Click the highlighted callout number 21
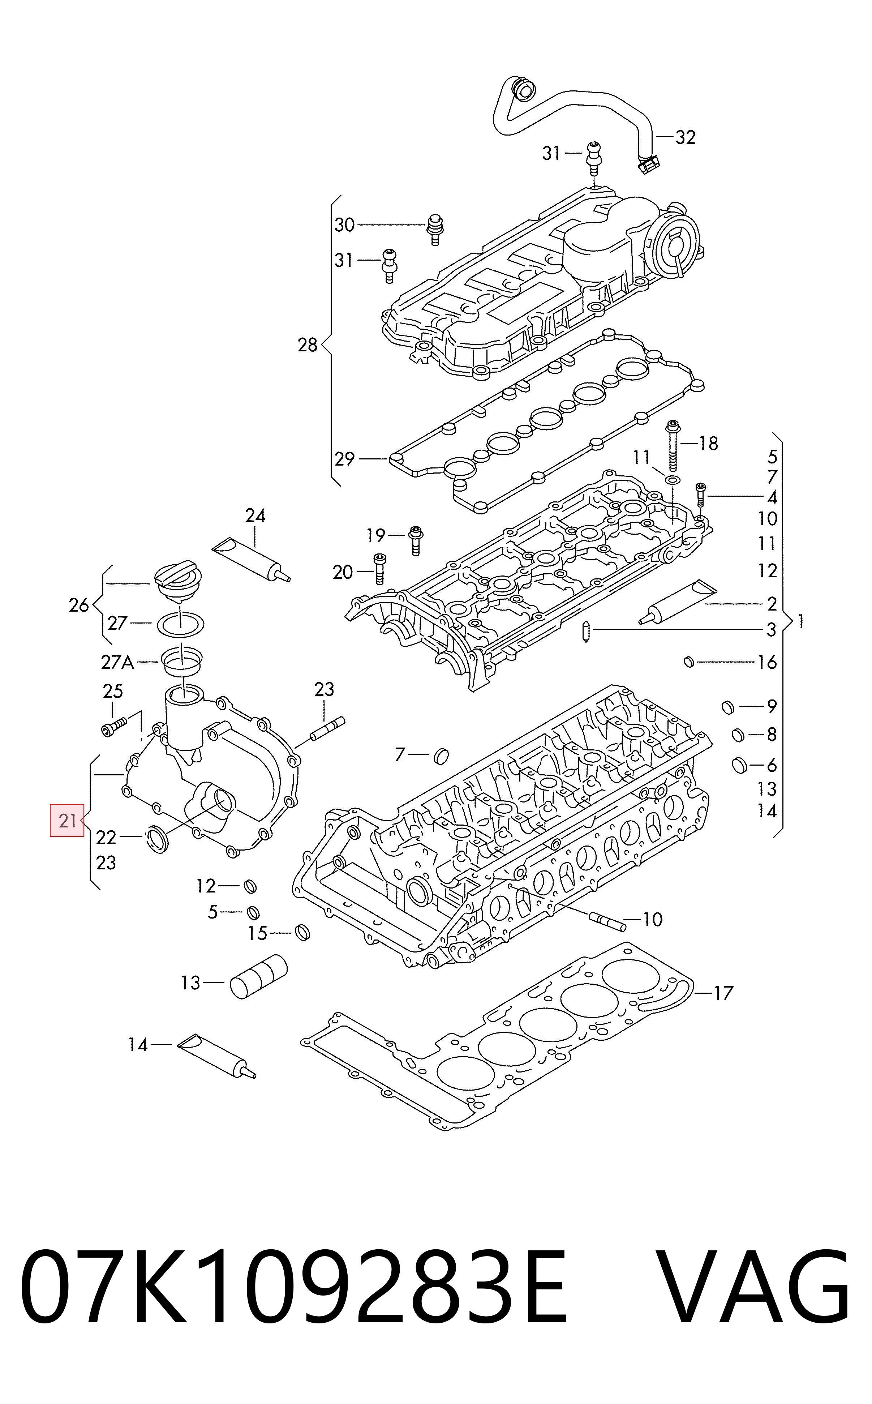[x=68, y=820]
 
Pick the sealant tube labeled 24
[x=252, y=559]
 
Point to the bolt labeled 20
[x=379, y=569]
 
